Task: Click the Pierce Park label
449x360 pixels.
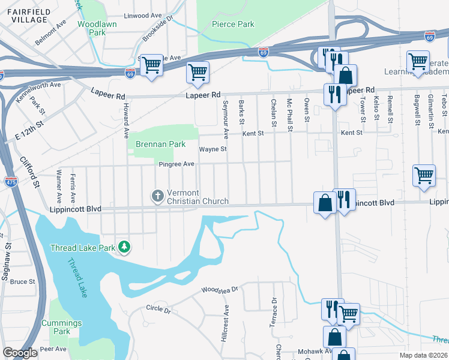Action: [233, 25]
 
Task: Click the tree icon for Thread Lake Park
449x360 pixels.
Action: [124, 247]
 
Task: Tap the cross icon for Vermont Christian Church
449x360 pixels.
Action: [157, 196]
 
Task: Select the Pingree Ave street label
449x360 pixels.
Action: [176, 164]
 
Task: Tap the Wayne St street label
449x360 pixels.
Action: [212, 149]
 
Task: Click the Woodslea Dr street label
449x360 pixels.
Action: [220, 289]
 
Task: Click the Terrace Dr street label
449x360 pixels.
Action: [274, 310]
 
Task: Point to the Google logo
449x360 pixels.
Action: [20, 353]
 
